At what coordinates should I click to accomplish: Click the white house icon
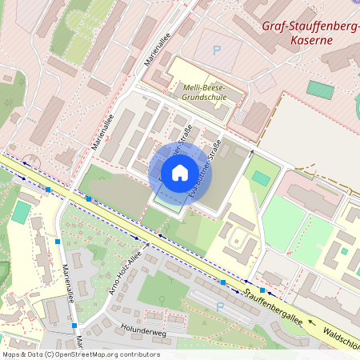pos(180,172)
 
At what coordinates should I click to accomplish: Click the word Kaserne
pos(313,38)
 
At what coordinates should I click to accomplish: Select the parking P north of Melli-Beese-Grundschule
pos(216,50)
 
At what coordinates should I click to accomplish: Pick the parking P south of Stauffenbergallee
pos(220,306)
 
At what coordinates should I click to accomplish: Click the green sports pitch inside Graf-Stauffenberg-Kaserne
pos(320,89)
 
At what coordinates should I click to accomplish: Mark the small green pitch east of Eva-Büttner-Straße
pos(261,178)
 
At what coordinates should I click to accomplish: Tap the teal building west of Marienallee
pos(21,212)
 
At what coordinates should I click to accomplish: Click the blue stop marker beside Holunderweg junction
pos(74,326)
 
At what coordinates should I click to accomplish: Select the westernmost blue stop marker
pos(49,190)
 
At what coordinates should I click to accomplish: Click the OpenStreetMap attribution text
pos(80,354)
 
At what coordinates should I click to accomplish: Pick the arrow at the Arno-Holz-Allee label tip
pos(146,238)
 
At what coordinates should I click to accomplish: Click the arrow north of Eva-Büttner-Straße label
pos(251,150)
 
